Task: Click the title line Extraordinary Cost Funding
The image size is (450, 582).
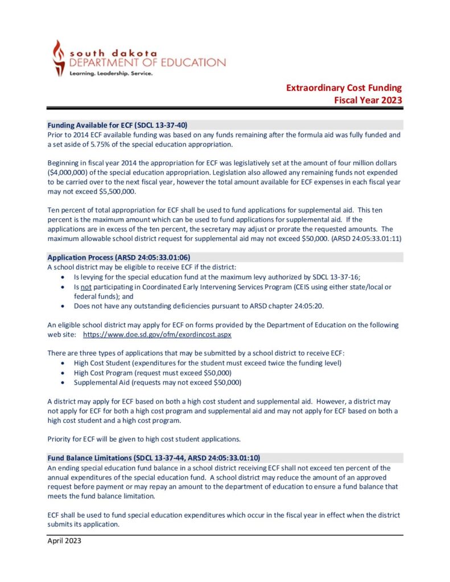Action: coord(344,88)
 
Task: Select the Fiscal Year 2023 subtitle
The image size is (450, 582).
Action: coord(368,100)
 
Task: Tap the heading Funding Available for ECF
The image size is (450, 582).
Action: coord(117,124)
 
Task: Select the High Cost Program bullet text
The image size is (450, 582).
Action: coord(159,372)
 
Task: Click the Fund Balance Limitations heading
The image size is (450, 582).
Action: coord(154,458)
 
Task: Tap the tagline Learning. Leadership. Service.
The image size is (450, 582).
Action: coord(110,74)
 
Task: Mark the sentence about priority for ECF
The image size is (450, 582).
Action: coord(143,438)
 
